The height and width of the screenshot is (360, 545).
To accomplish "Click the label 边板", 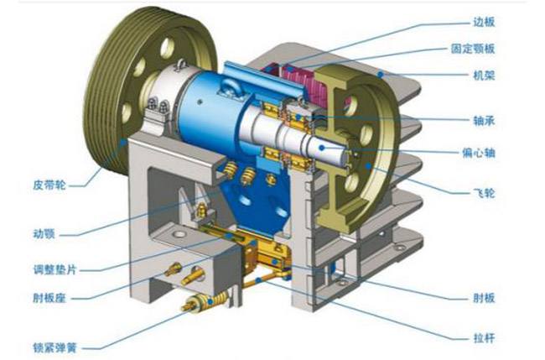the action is point(484,22).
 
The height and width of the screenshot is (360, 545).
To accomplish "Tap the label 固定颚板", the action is point(473,49).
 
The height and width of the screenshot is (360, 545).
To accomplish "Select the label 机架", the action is point(484,76).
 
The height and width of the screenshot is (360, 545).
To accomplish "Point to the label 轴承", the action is point(484,121).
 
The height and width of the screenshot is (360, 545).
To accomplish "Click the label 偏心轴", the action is point(478,153).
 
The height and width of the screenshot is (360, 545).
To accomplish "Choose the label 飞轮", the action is point(484,193).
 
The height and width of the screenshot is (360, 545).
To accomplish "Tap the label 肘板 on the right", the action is point(484,298).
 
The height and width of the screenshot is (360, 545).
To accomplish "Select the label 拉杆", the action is point(484,337).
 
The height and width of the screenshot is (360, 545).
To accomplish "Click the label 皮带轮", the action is point(49,185).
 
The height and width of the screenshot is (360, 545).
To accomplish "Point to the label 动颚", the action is point(44,234).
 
